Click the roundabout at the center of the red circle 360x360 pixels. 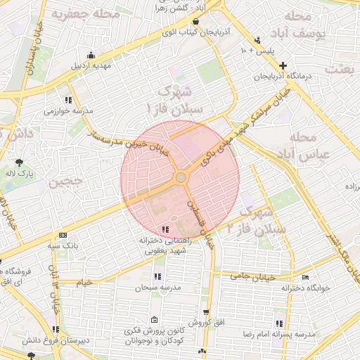point(181,177)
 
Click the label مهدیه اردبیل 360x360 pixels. point(91,67)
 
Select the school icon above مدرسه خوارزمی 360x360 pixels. point(68,100)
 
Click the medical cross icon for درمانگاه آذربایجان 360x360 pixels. point(282,65)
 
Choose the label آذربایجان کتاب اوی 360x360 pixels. point(186,32)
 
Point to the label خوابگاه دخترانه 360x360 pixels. point(305,288)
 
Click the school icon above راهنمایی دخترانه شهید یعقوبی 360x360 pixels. point(165,230)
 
